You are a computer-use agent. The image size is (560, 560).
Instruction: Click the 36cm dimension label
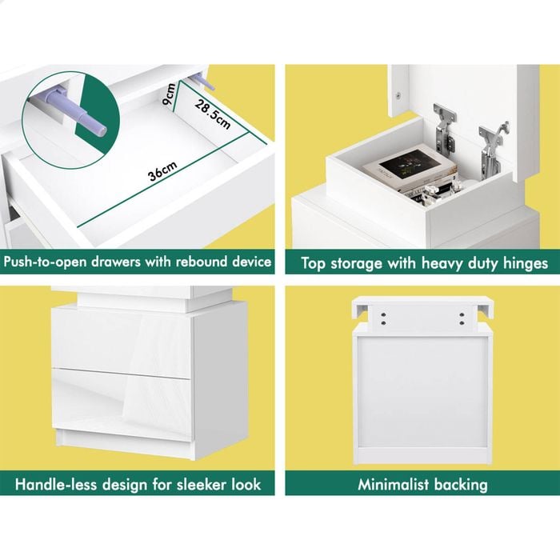tap(162, 171)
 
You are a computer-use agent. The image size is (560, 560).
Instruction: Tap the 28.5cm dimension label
tap(213, 114)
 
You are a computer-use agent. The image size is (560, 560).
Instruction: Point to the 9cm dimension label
tap(169, 94)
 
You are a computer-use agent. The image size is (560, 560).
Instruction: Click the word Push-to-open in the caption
tap(46, 262)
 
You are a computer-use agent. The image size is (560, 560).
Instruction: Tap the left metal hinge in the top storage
tap(444, 130)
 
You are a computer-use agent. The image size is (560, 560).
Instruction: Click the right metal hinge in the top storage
tap(493, 150)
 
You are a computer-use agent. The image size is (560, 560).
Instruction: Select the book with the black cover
tap(410, 166)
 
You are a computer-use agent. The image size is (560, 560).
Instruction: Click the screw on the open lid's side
tap(398, 95)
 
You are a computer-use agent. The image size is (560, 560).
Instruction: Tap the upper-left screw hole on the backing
tap(383, 315)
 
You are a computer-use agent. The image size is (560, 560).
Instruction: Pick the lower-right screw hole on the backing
tap(462, 323)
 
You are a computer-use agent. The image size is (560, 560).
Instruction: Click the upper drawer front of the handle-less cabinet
tap(122, 342)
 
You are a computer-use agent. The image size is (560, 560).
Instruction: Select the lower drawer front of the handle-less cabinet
tap(122, 403)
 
